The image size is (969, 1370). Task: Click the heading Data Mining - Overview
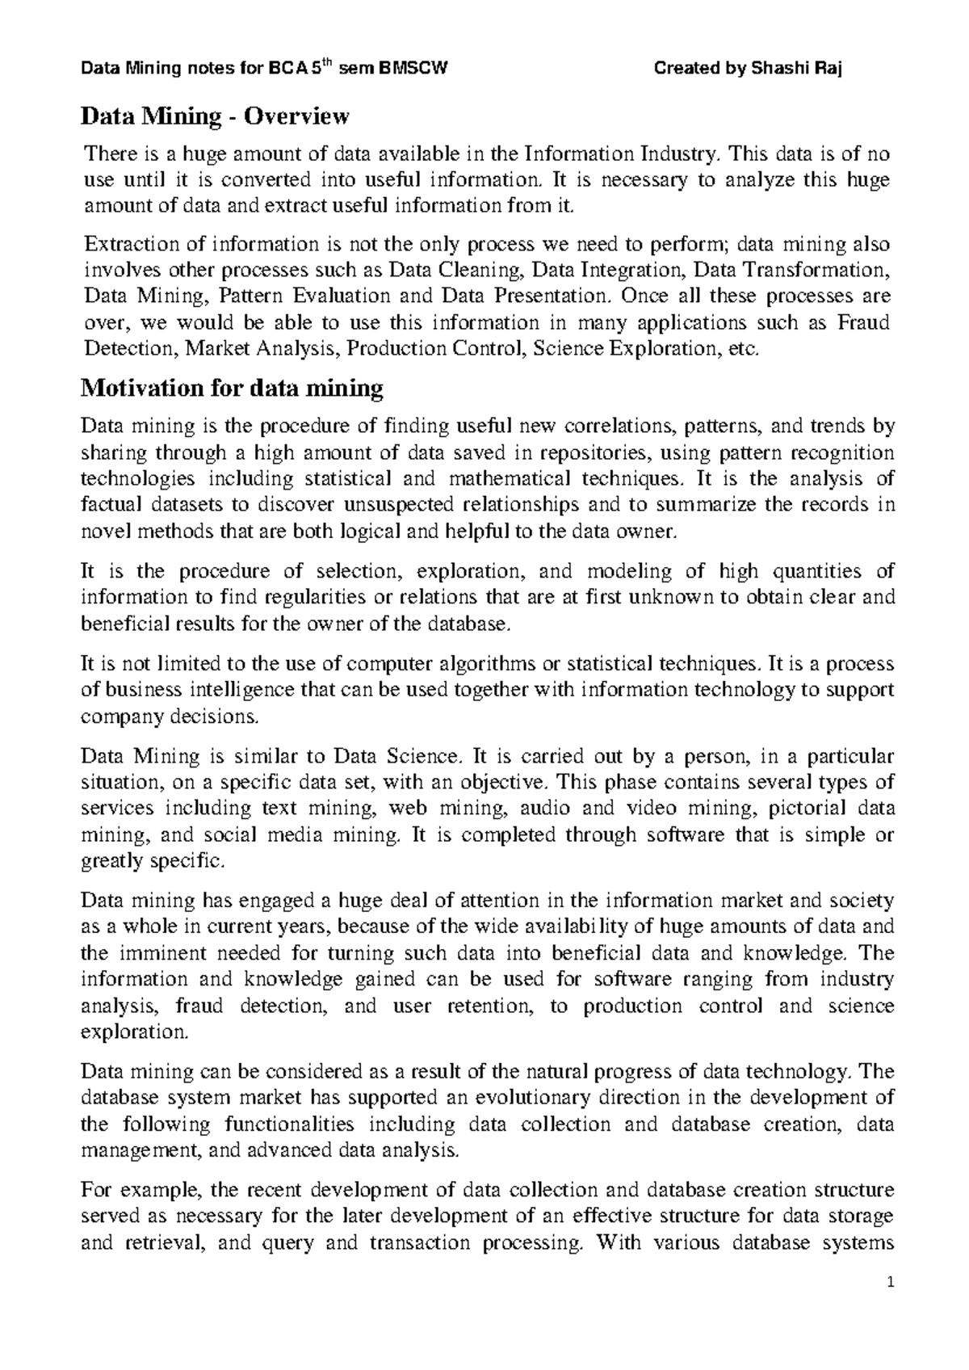click(216, 117)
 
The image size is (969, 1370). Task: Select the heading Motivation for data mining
click(233, 389)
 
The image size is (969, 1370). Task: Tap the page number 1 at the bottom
click(887, 1304)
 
